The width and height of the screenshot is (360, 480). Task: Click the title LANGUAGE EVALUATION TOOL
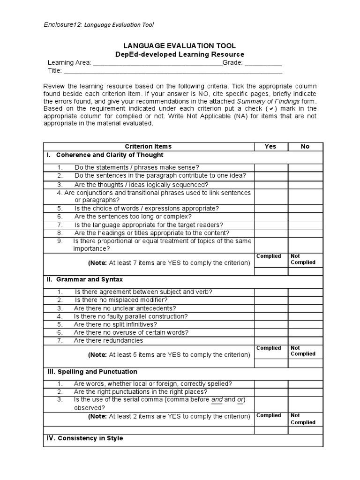179,45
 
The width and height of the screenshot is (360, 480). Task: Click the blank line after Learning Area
157,64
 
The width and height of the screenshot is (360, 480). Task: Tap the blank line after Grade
263,64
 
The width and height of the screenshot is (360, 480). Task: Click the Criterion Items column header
148,146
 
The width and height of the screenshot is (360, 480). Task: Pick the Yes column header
270,146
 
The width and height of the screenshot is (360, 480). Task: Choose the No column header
305,146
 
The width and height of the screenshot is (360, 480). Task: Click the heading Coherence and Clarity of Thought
110,155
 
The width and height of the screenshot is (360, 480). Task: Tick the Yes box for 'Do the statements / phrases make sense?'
270,168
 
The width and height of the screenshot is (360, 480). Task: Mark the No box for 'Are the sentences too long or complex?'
305,217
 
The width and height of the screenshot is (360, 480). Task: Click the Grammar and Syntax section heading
89,279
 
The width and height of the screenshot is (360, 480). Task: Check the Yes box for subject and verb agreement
270,292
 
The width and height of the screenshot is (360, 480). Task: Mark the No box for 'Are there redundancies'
305,341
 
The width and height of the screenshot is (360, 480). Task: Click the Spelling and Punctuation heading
97,372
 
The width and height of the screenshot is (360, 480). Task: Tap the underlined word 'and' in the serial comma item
217,400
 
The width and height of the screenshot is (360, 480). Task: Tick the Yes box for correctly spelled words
270,384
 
